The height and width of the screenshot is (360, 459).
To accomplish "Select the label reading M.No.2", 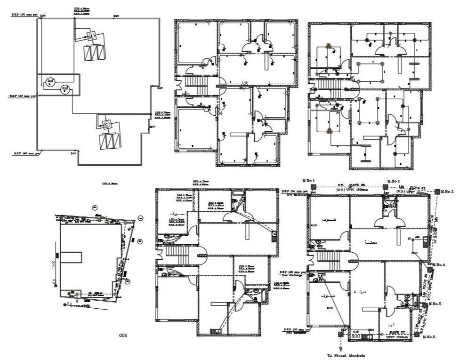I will click(x=394, y=181).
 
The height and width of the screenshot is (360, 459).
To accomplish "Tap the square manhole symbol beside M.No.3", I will click(x=438, y=192).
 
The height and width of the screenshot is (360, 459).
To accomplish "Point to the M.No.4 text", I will click(x=439, y=264).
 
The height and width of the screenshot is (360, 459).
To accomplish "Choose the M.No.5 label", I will click(x=434, y=304).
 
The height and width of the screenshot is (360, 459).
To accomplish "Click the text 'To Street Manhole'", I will click(x=346, y=355).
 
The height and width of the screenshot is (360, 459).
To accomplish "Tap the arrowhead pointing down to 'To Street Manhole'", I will click(x=340, y=349).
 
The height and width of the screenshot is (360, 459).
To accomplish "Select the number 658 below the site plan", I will click(x=123, y=335).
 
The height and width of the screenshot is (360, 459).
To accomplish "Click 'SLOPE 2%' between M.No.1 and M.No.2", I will click(x=347, y=186).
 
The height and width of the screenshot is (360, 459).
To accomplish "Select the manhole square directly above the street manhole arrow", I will click(x=340, y=334).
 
